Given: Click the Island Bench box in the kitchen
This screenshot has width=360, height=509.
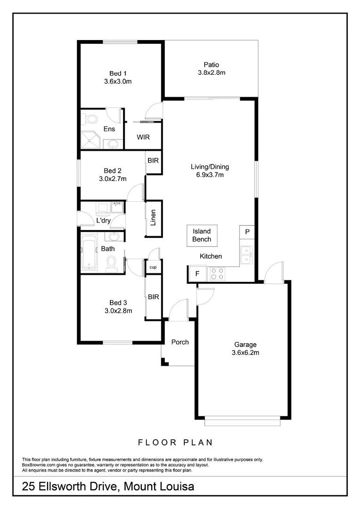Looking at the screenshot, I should coord(202,235).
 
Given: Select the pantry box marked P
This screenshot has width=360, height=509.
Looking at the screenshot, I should coord(247,232).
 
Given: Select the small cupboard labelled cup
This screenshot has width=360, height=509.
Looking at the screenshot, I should coord(153,267).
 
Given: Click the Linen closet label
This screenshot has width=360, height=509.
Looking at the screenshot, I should coord(153,218).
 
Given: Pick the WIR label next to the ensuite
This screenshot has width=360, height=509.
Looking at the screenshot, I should coord(143,137).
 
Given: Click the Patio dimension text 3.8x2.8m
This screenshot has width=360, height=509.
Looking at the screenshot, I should coord(212,73).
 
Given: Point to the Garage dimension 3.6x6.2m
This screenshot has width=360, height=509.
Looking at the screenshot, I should coord(245,352).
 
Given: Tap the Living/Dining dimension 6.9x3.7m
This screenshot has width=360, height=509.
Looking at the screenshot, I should coord(210,175).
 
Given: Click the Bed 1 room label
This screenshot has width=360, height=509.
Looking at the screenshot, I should coord(118,73).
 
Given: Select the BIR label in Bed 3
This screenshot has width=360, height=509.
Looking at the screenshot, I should coord(153,297).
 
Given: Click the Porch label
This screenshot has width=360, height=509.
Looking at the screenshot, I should coord(180,342).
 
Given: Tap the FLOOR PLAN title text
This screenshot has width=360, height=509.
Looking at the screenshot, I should coord(175,442).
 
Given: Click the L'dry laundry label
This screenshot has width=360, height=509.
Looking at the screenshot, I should coord(103,221).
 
